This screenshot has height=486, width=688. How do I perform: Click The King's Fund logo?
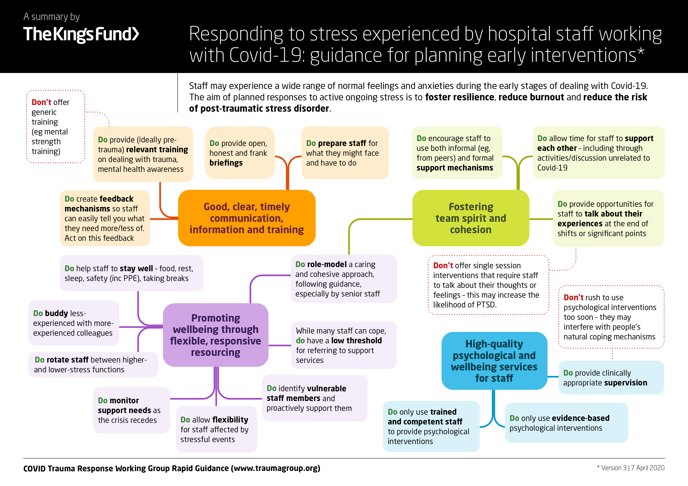click(x=81, y=34)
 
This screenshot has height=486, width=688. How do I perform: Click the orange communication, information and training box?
click(x=247, y=218)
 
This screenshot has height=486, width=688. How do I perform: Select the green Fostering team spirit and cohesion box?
click(x=471, y=218)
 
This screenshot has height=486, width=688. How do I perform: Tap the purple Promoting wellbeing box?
click(x=215, y=335)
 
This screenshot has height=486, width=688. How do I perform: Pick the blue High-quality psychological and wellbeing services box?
click(x=495, y=361)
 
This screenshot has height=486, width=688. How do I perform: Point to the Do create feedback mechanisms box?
click(x=105, y=218)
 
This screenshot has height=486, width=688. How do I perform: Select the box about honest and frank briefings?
click(x=240, y=153)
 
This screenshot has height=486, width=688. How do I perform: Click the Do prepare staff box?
click(x=345, y=153)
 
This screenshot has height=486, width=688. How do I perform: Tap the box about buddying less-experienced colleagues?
click(x=74, y=323)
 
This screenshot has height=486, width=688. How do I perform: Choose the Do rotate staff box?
click(x=93, y=364)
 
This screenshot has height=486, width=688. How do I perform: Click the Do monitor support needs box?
click(x=132, y=410)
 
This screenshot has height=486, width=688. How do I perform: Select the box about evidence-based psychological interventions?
click(x=566, y=422)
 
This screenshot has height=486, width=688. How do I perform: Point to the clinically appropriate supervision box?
click(x=611, y=377)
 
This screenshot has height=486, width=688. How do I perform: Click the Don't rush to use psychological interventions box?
click(x=611, y=317)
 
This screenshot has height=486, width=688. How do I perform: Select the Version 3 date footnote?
click(x=631, y=468)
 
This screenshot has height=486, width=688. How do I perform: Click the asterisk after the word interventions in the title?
click(x=641, y=51)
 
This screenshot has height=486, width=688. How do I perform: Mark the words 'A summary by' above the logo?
click(x=51, y=17)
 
